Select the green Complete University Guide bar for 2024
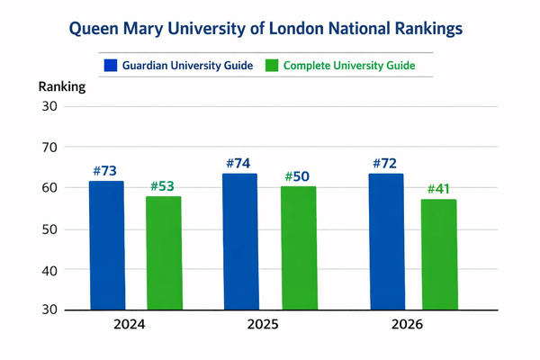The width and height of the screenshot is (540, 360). [163, 253]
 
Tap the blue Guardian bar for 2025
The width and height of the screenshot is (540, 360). [239, 241]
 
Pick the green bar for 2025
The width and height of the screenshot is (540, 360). [298, 247]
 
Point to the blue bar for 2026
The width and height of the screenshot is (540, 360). [385, 241]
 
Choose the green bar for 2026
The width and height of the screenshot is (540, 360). [438, 255]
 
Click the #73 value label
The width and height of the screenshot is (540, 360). [104, 171]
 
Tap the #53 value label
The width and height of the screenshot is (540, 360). [162, 186]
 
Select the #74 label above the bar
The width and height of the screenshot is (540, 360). [238, 163]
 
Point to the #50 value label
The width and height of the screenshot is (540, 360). [297, 176]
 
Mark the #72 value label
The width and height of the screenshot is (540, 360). [384, 164]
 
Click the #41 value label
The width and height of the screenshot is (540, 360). [438, 190]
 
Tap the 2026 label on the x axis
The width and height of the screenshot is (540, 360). [407, 324]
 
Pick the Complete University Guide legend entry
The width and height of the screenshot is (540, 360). [340, 65]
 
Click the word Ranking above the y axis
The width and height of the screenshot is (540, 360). [62, 87]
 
